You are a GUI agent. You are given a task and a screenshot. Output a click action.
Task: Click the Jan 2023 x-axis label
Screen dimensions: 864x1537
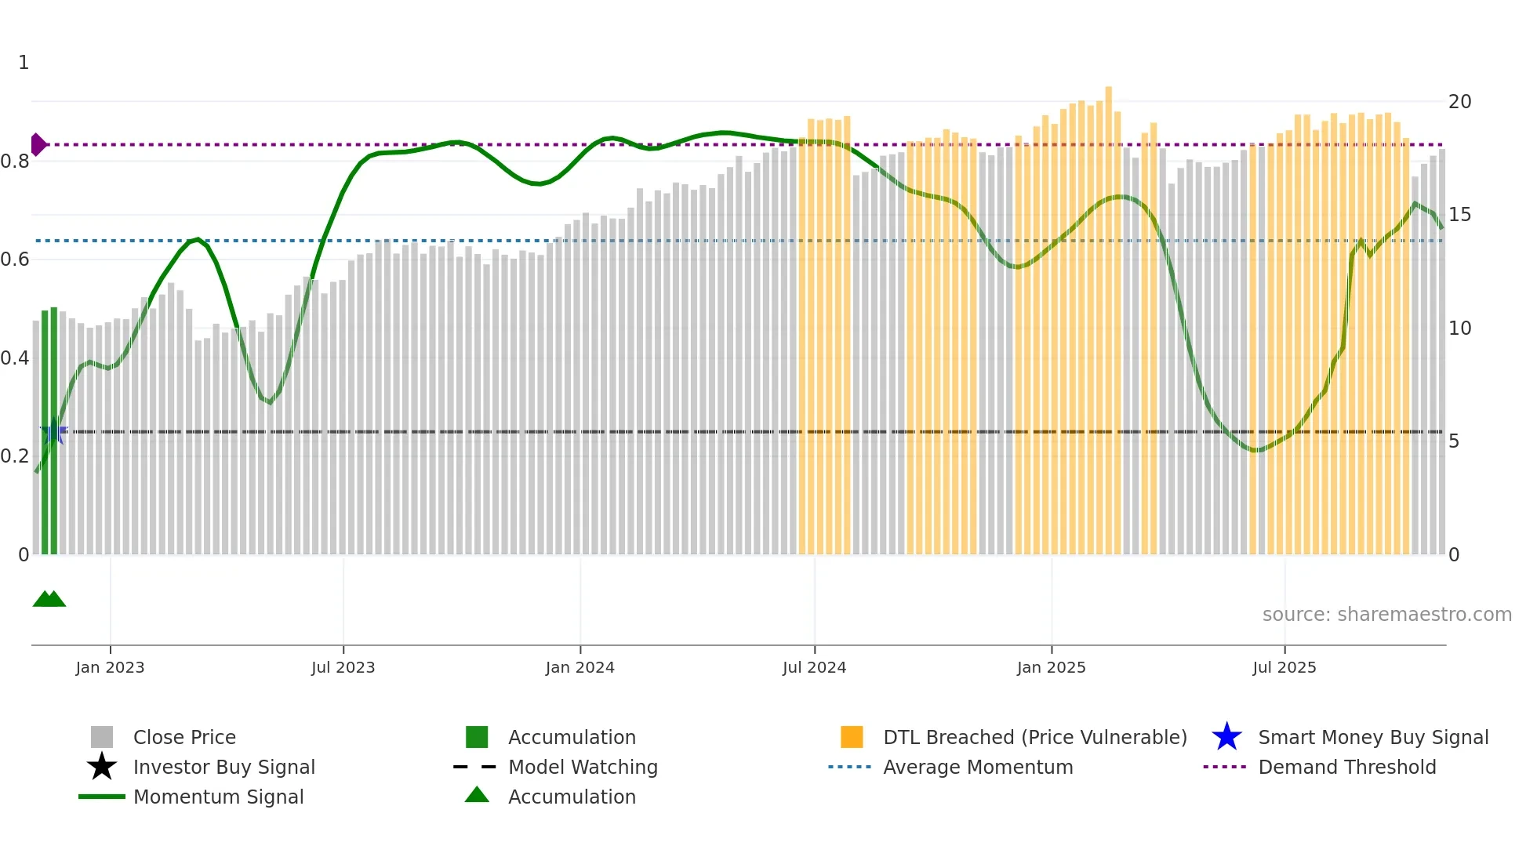point(110,667)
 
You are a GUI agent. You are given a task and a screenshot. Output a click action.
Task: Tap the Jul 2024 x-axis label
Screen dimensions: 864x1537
point(814,667)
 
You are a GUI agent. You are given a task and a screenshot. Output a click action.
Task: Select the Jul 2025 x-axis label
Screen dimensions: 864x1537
point(1284,667)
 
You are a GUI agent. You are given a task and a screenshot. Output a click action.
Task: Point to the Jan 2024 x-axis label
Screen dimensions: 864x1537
point(580,667)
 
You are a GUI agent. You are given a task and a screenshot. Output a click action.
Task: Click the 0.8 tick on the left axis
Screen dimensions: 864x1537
point(15,162)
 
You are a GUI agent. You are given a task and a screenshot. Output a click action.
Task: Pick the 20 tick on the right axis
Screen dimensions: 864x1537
point(1459,102)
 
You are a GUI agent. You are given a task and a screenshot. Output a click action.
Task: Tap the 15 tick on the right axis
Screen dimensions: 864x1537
point(1459,215)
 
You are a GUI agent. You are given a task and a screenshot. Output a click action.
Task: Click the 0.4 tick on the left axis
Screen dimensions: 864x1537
point(15,358)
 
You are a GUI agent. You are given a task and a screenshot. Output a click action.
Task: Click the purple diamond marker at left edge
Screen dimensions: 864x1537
point(38,144)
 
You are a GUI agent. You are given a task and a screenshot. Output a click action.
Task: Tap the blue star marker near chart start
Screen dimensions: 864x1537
point(53,431)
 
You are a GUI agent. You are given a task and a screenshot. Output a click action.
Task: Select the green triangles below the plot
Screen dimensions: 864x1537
point(49,599)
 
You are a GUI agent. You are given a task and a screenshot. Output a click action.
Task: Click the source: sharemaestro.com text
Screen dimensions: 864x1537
point(1386,615)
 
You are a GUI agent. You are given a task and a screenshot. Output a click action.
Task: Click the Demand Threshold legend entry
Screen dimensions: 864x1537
point(1346,767)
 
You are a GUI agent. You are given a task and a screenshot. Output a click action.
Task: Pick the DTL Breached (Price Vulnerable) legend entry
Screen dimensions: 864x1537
point(1034,737)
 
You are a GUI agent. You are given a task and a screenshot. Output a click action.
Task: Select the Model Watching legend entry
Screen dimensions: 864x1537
point(582,767)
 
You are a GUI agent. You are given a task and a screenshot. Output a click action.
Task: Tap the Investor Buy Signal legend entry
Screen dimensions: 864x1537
point(223,767)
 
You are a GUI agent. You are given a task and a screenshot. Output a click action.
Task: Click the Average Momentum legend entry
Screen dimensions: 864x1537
point(977,767)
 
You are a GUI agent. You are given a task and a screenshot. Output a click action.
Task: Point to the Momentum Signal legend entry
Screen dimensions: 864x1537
point(218,797)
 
